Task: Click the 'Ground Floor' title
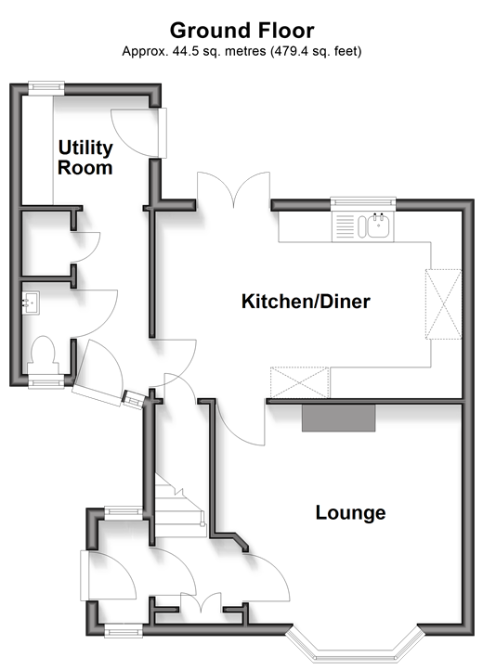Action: tap(241, 31)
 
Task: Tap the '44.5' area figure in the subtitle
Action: tap(187, 52)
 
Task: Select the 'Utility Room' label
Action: tap(85, 157)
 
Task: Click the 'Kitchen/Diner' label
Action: tap(306, 302)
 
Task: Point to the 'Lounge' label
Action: tap(350, 513)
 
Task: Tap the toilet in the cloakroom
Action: tap(44, 355)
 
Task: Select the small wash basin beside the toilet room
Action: tap(31, 303)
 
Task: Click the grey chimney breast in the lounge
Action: tap(338, 418)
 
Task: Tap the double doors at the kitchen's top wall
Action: tap(233, 189)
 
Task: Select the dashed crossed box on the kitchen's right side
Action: tap(443, 304)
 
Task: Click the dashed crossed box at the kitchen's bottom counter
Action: tap(299, 382)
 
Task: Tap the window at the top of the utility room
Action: tap(46, 87)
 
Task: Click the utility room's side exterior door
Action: tap(138, 133)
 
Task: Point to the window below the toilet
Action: tap(46, 381)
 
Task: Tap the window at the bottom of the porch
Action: tap(124, 630)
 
